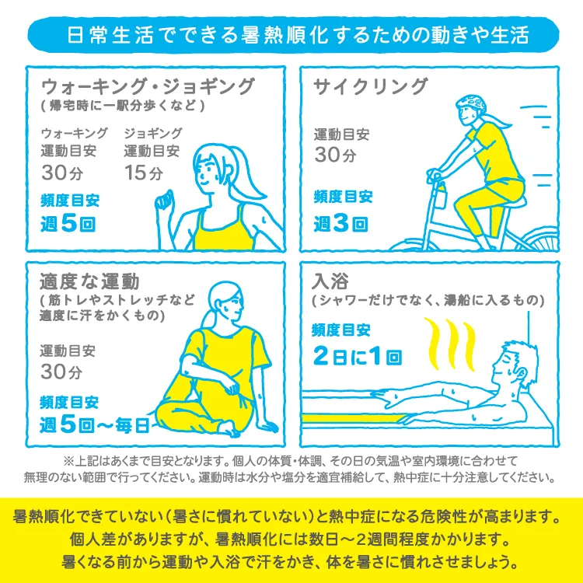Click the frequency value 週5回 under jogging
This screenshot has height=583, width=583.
click(x=70, y=224)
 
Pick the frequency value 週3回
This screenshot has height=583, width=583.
click(x=340, y=224)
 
